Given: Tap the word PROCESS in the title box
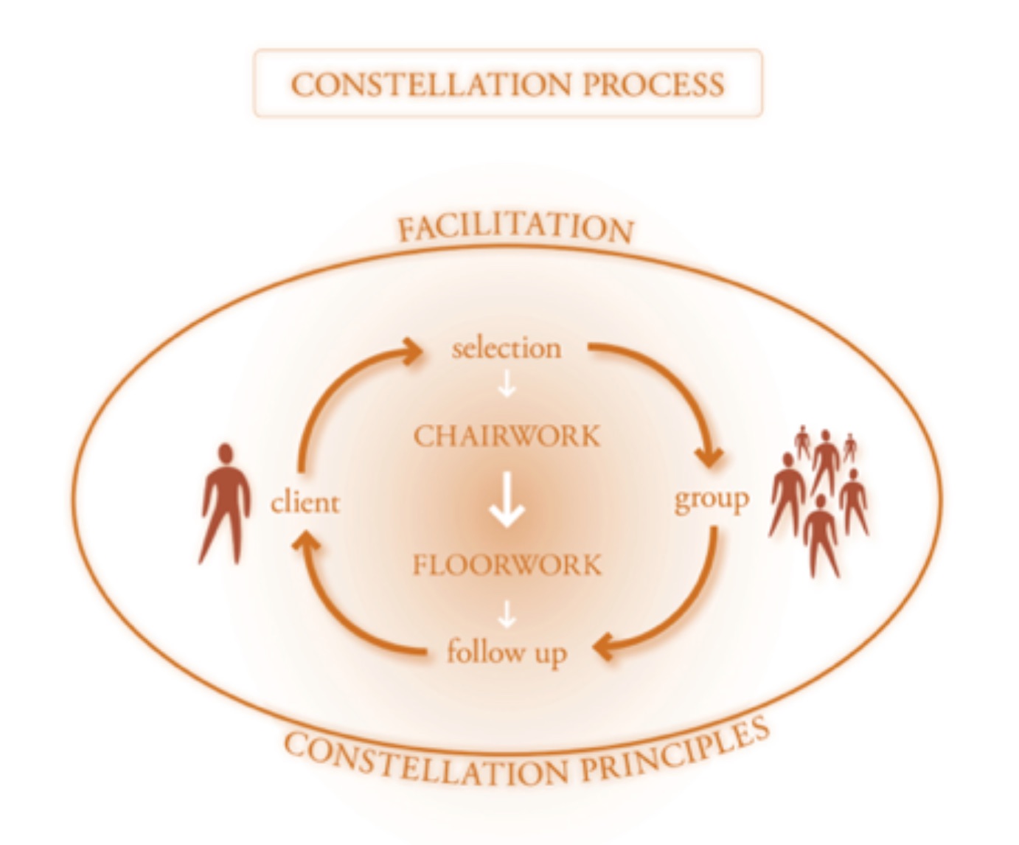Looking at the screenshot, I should [653, 84].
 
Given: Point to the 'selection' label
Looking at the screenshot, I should [507, 348].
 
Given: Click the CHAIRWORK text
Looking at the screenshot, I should [507, 436].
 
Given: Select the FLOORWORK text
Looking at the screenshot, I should [507, 566].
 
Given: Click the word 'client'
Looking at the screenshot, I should [305, 504].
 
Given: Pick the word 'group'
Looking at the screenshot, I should [712, 500].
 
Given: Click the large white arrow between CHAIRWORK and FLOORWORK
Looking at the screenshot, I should [507, 500].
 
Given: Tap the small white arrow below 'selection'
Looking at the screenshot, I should [507, 383].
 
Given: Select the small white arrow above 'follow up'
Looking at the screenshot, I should [507, 613].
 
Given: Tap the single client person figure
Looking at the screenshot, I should [224, 509].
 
